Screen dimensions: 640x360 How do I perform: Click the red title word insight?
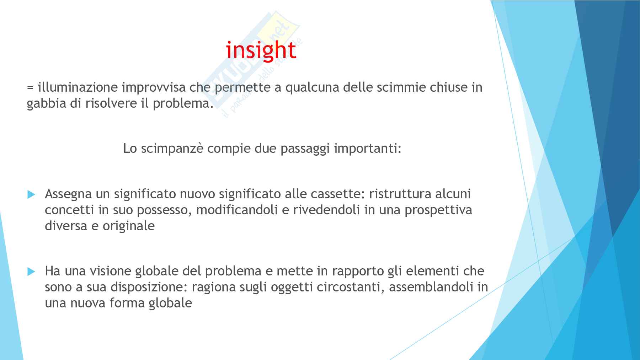[261, 50]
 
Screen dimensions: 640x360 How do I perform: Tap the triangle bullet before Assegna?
[31, 195]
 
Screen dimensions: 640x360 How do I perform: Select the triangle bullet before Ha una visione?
[31, 272]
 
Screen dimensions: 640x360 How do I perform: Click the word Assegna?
[68, 194]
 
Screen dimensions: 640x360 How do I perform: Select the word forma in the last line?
[127, 303]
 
